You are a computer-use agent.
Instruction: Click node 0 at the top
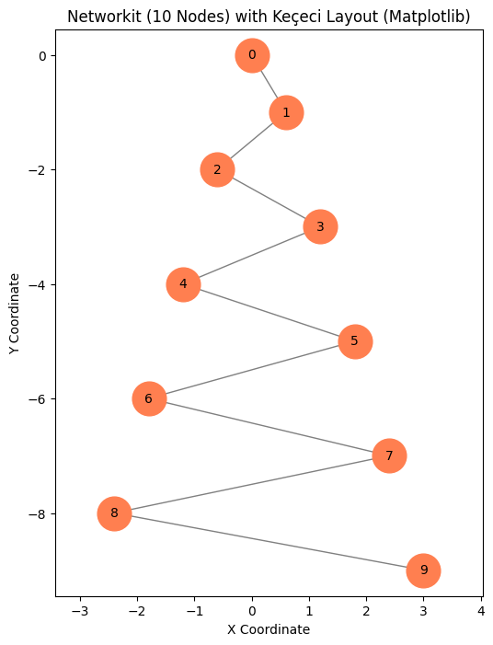click(252, 55)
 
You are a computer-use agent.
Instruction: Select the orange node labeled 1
click(286, 112)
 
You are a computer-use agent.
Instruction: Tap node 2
click(217, 169)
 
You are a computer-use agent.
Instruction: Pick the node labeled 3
click(320, 226)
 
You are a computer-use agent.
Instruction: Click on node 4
click(183, 283)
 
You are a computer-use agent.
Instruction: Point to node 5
click(354, 341)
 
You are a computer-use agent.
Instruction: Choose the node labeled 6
click(149, 398)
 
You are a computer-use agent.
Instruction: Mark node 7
click(389, 455)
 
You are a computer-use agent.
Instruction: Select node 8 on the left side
click(114, 513)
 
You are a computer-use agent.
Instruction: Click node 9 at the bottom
click(423, 570)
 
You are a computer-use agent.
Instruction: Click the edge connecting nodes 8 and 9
click(269, 542)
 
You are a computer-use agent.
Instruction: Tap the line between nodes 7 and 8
click(251, 484)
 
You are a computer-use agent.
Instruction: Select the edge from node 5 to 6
click(251, 370)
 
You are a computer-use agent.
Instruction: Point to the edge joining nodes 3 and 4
click(251, 255)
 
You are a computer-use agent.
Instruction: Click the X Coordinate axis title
click(269, 629)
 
